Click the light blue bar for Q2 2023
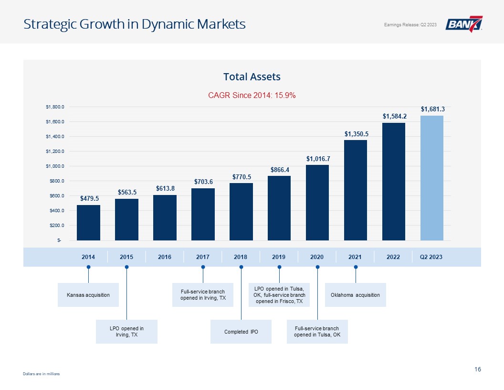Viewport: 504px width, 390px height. [x=431, y=178]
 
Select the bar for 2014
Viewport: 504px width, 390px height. [x=88, y=223]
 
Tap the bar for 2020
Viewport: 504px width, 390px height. [x=317, y=203]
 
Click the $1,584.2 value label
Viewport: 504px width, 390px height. [x=394, y=116]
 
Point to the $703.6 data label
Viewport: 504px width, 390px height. [x=203, y=182]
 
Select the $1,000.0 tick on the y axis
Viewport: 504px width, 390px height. [x=55, y=166]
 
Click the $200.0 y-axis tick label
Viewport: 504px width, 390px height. [x=57, y=226]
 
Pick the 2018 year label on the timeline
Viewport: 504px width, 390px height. [x=241, y=257]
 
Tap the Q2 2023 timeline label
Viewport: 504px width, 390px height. [x=431, y=257]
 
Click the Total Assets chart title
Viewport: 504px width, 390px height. [x=252, y=76]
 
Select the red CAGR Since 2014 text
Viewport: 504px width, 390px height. [x=252, y=95]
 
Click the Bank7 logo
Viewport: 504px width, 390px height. [x=464, y=24]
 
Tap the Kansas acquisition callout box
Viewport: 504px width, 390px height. [x=88, y=295]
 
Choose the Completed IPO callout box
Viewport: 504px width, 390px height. [x=241, y=331]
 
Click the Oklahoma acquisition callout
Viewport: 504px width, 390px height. [x=355, y=295]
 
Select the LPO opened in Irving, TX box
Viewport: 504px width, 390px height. [x=126, y=331]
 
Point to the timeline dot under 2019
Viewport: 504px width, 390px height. [x=279, y=267]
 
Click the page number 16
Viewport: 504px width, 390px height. [x=478, y=369]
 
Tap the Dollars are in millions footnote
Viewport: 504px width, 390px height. [x=41, y=374]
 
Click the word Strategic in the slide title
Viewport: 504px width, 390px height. [x=50, y=24]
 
